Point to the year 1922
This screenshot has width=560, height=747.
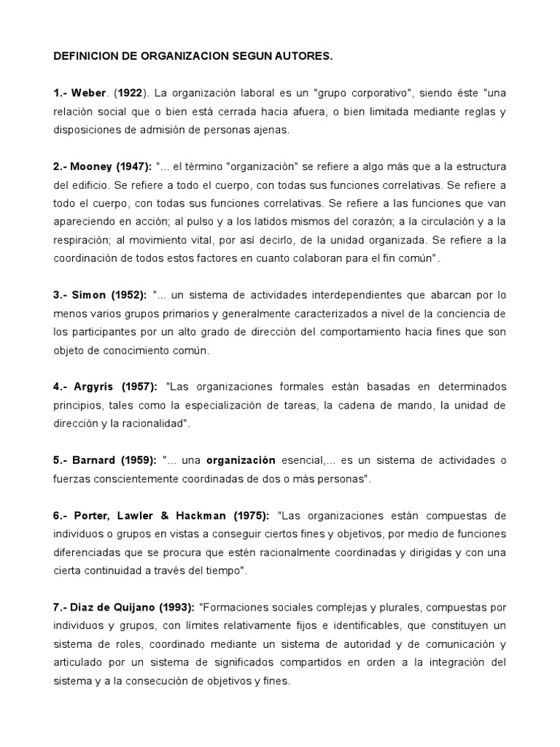(129, 93)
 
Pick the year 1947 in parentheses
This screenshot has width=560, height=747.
(133, 167)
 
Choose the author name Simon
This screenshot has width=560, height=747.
(91, 296)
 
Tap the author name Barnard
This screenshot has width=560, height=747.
(95, 460)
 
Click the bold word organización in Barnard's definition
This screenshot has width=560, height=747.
(241, 460)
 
